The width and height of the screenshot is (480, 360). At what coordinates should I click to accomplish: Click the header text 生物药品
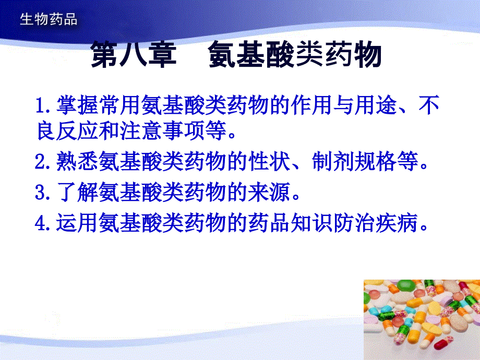point(49,19)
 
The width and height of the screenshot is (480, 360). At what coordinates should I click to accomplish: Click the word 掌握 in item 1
point(77,105)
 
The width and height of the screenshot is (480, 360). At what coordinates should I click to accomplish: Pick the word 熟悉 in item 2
point(77,161)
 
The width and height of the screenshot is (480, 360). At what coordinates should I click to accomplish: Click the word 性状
point(269,161)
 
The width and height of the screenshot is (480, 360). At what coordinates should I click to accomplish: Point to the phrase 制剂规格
point(354,161)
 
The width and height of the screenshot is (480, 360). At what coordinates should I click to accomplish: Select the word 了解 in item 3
point(77,192)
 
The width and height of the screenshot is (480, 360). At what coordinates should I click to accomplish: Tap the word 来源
point(269,192)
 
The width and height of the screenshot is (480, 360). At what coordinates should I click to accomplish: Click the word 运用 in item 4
point(77,223)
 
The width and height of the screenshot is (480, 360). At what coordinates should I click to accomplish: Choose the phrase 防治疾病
point(376,223)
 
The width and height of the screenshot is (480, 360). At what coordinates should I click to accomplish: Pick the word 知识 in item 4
point(312,223)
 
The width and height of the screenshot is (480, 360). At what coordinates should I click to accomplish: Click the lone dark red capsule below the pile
point(443,342)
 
